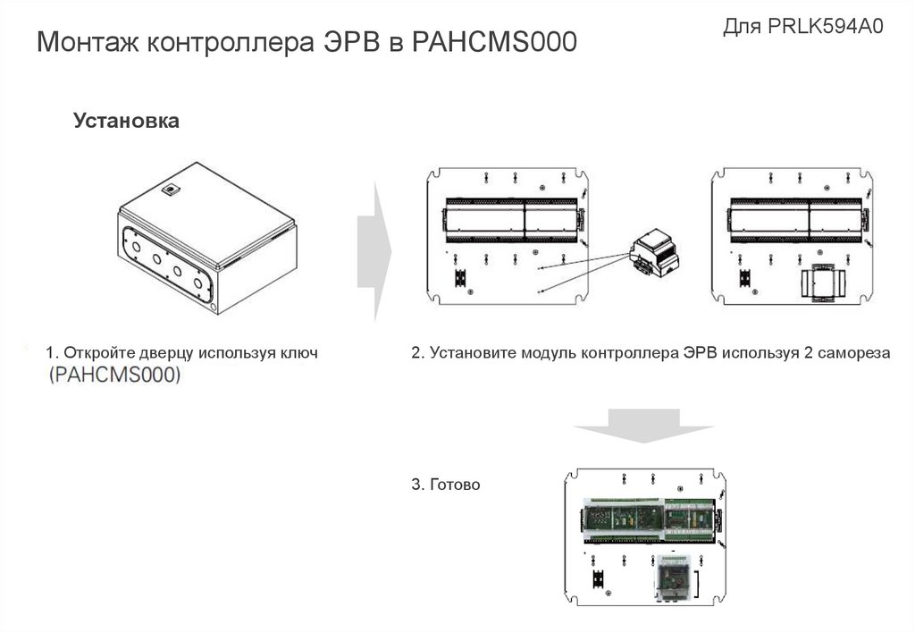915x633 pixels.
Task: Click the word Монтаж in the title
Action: (x=88, y=41)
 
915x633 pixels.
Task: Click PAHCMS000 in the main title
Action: (x=494, y=41)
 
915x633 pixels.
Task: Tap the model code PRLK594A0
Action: (x=825, y=26)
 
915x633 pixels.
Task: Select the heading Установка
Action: (x=126, y=121)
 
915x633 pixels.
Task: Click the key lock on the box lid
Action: (x=171, y=190)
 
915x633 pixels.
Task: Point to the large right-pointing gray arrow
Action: (x=374, y=252)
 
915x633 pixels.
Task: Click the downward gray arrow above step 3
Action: (x=643, y=426)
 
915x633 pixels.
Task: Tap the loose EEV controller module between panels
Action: (x=655, y=253)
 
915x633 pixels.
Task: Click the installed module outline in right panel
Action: (x=823, y=283)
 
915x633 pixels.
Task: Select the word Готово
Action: (x=455, y=484)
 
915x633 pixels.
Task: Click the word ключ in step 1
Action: (x=299, y=352)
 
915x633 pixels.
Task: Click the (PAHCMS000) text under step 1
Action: (x=115, y=375)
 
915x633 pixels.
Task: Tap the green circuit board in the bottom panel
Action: (x=650, y=519)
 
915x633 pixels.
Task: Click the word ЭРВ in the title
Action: (x=351, y=41)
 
